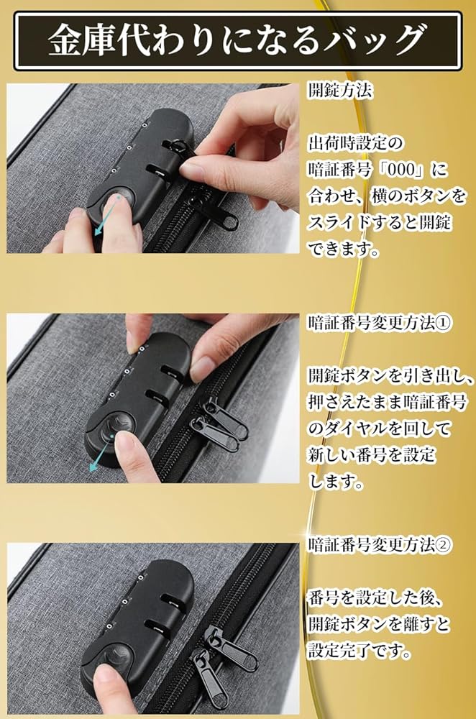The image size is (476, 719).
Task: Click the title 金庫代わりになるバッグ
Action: [x=237, y=41]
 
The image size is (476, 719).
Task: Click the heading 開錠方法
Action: [x=340, y=91]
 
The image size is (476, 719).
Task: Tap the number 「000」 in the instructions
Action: [x=401, y=170]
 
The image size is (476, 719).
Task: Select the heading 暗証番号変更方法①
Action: [x=380, y=323]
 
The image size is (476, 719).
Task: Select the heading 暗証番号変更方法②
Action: [x=380, y=545]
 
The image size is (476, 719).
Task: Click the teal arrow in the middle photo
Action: [x=101, y=453]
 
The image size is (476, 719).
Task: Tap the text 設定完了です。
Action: [x=360, y=650]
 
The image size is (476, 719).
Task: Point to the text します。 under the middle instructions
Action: [x=336, y=481]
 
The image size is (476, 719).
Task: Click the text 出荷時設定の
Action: [x=355, y=143]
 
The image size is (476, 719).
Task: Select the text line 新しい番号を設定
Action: [x=372, y=454]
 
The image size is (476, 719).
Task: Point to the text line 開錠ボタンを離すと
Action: [x=379, y=624]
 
